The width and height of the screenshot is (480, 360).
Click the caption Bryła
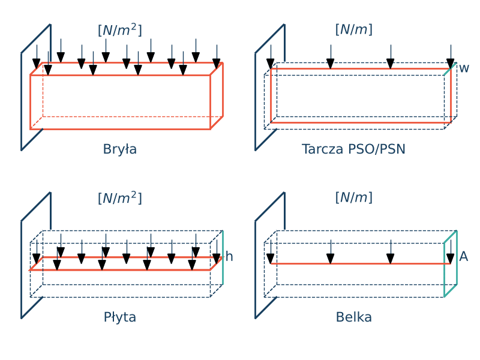coord(120,149)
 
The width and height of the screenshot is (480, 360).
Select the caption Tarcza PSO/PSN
coord(353,149)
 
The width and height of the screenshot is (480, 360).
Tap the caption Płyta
coord(120,317)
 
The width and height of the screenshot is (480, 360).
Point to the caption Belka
coord(353,317)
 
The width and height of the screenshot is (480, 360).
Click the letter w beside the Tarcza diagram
coord(464,68)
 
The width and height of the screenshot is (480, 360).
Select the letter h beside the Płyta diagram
coord(229,257)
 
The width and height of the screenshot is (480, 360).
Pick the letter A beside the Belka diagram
coord(463,257)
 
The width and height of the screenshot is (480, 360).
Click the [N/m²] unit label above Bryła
coord(120,30)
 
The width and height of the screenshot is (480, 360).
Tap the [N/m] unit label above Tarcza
coord(353,29)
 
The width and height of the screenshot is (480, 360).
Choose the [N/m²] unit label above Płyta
coord(120,198)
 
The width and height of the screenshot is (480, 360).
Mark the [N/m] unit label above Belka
coord(353,197)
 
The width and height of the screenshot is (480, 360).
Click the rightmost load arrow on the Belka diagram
coord(451,252)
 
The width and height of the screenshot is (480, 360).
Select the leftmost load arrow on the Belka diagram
coord(271,252)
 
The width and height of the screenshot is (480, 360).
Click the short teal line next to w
coord(448,71)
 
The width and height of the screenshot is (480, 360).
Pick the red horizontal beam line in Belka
coord(360,263)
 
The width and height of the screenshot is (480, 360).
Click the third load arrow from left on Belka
coord(391,252)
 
